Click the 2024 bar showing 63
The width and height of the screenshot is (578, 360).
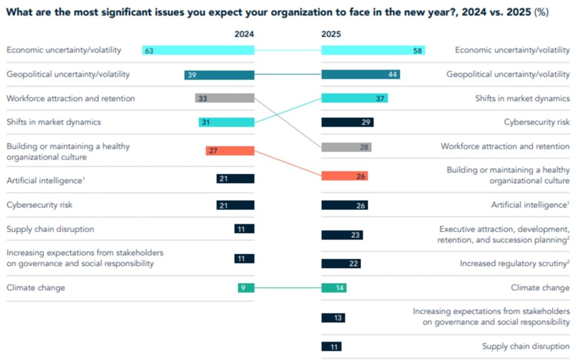pos(198,50)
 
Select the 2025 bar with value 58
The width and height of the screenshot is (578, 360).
pos(373,50)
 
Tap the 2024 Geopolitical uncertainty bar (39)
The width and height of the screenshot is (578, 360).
pos(219,74)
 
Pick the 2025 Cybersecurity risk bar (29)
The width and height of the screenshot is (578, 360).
pos(347,122)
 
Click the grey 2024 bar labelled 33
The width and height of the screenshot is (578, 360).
pos(225,98)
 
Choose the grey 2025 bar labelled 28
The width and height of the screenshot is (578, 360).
pos(346,147)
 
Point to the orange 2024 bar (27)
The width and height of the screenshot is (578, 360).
pos(230,151)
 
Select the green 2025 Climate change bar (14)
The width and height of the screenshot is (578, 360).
pos(334,288)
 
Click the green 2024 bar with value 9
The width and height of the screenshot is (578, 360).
pos(246,288)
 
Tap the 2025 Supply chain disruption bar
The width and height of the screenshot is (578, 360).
pos(331,346)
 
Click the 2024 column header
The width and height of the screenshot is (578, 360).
pos(244,34)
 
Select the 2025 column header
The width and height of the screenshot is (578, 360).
pos(331,34)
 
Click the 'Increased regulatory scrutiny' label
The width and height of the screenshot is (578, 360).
pos(514,264)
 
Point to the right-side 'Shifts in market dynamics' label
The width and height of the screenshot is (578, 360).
pos(522,98)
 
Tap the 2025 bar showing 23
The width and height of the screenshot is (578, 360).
pos(342,235)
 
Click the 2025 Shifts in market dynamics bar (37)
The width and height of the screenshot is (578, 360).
pos(354,98)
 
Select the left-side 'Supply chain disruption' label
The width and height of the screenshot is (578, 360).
pos(50,229)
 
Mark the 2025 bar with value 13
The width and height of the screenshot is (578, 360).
pos(333,318)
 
